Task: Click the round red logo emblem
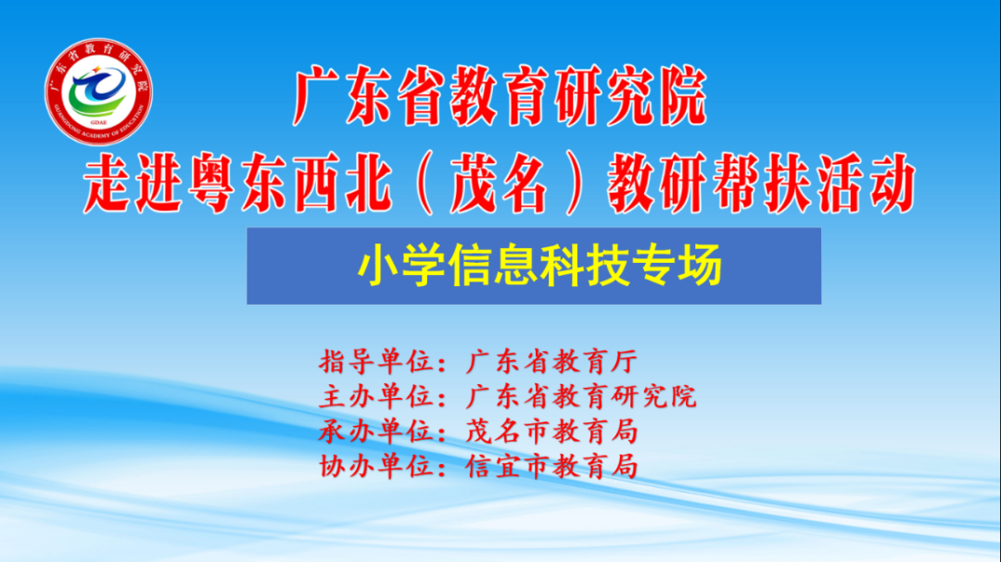(x=98, y=92)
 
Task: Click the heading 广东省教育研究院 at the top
(x=500, y=97)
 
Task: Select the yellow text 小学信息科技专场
(x=540, y=265)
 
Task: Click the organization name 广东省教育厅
(x=551, y=362)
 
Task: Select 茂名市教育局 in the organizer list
(x=551, y=431)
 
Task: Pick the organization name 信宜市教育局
(x=551, y=467)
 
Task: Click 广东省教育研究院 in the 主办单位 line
(x=581, y=397)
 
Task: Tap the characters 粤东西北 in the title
(x=289, y=184)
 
